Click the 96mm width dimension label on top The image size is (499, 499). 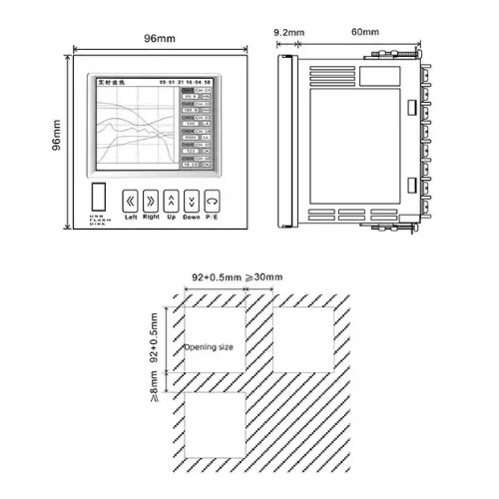pos(160,38)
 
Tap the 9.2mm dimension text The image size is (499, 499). pos(289,33)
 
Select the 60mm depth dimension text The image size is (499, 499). pos(364,33)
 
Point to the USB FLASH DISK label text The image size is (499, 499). pos(96,221)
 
